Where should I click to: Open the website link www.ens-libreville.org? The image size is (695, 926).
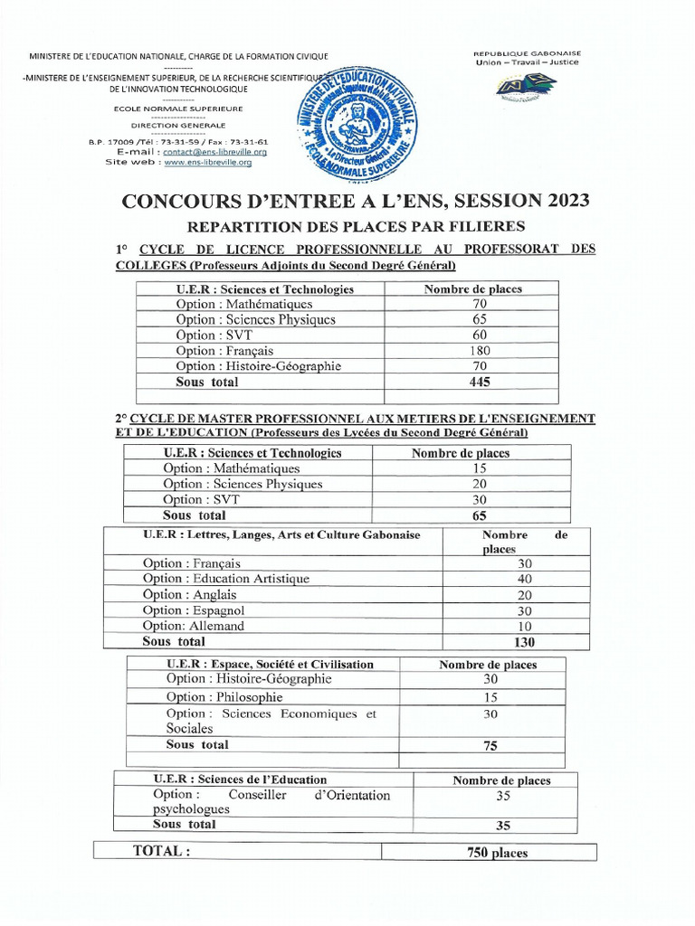click(x=214, y=162)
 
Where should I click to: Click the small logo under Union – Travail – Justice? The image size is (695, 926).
click(x=526, y=87)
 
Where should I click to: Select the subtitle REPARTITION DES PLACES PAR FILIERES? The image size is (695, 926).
click(x=356, y=226)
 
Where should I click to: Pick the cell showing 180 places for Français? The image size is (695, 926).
click(x=480, y=351)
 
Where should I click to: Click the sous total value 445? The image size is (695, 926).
click(x=480, y=382)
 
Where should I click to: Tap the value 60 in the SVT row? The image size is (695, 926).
click(x=480, y=335)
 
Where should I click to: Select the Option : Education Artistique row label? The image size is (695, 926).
click(x=225, y=579)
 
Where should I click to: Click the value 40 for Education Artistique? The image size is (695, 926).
click(x=525, y=579)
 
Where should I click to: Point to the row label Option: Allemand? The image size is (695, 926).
click(x=194, y=626)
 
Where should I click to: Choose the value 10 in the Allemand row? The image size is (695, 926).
click(x=525, y=626)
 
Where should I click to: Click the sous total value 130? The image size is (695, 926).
click(x=523, y=642)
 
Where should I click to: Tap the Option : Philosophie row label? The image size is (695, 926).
click(x=224, y=697)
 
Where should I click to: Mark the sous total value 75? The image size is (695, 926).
click(x=490, y=746)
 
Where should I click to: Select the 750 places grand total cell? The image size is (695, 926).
click(x=497, y=852)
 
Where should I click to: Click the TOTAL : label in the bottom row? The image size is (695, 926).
click(x=162, y=851)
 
